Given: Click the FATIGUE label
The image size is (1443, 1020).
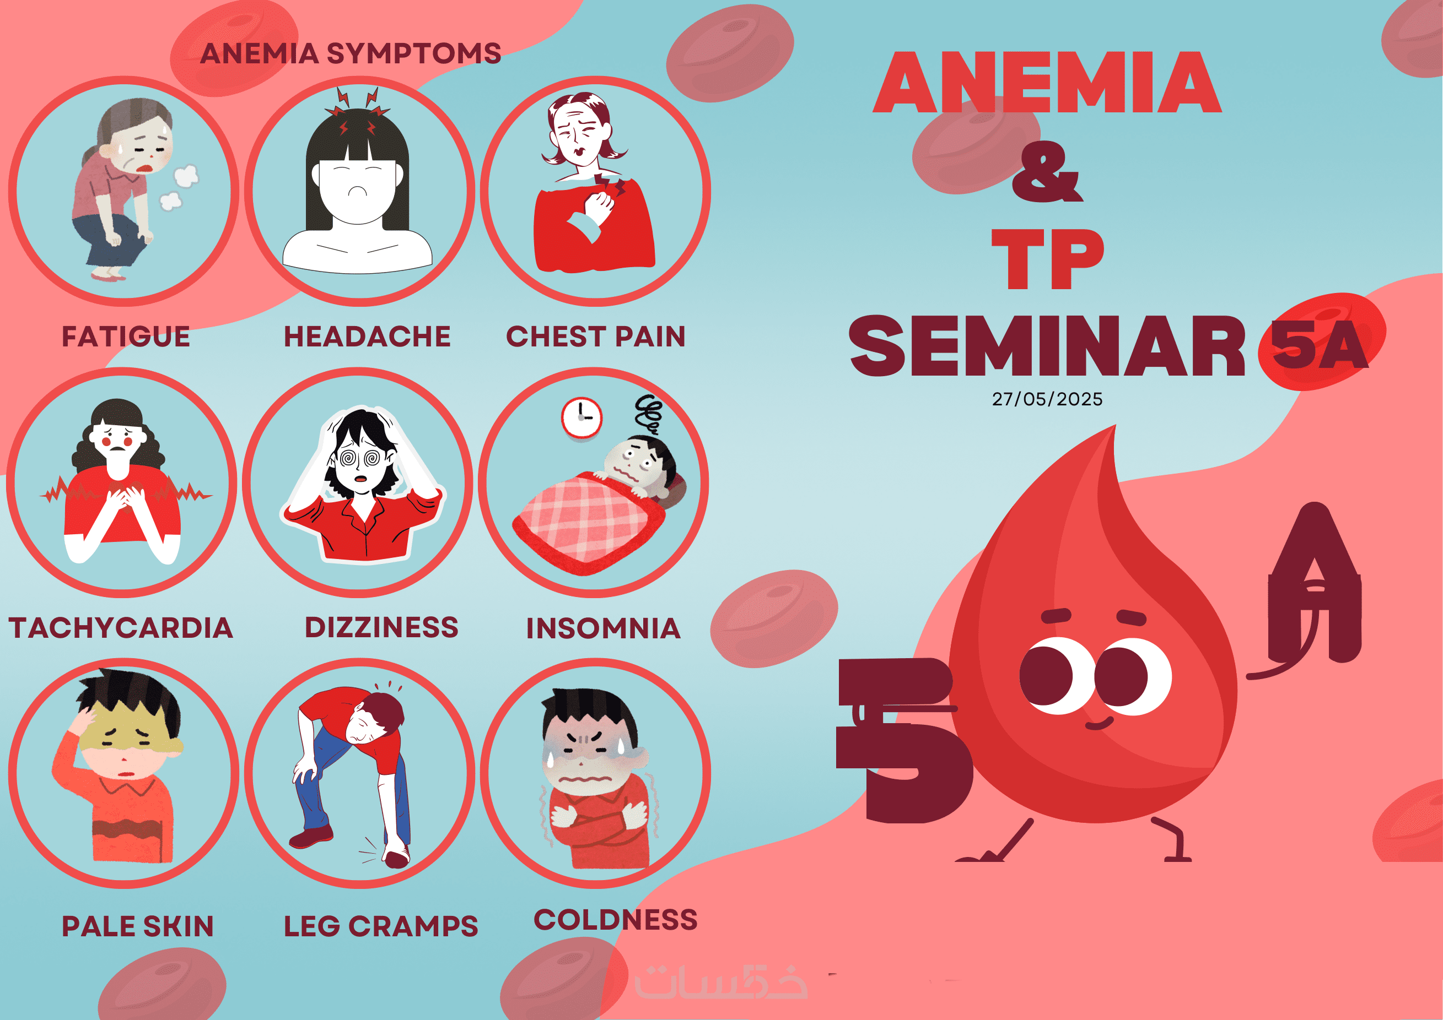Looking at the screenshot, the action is (126, 337).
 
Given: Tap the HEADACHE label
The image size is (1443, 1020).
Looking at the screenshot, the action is (367, 337).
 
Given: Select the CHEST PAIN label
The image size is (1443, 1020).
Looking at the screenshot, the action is (596, 337).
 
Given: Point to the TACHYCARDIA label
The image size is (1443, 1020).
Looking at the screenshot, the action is (121, 628).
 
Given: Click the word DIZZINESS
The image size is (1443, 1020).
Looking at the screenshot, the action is (381, 627).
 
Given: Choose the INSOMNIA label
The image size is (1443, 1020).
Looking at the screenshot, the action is (604, 629).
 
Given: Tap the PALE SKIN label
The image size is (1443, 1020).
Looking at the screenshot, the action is (138, 926).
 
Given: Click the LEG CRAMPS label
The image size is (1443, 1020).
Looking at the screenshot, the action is (381, 926).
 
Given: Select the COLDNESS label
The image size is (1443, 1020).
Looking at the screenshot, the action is (616, 920).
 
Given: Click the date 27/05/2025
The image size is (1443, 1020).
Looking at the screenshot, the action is (1047, 399).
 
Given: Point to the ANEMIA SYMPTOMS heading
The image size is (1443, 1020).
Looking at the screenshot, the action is (351, 53).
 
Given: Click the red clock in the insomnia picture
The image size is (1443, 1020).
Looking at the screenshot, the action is (581, 417).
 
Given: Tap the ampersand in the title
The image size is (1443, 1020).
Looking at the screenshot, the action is (1047, 171).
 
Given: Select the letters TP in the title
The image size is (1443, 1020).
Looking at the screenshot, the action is (1048, 259).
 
